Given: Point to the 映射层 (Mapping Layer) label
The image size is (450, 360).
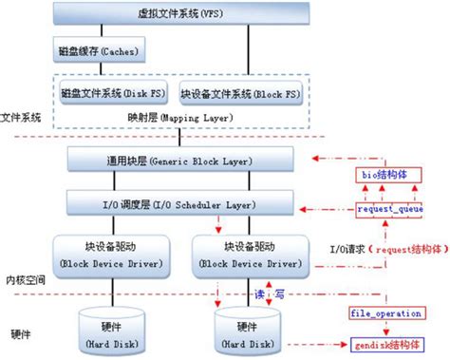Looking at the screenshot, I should (x=186, y=118).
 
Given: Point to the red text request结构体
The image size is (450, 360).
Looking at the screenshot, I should (x=398, y=249).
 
